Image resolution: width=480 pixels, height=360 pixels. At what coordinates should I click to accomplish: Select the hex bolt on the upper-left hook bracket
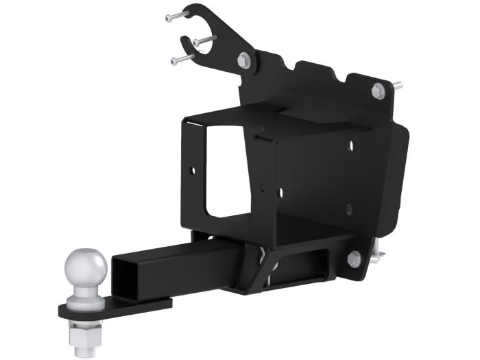click(x=245, y=60)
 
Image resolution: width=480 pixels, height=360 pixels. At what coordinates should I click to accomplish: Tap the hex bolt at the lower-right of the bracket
click(x=354, y=259)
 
